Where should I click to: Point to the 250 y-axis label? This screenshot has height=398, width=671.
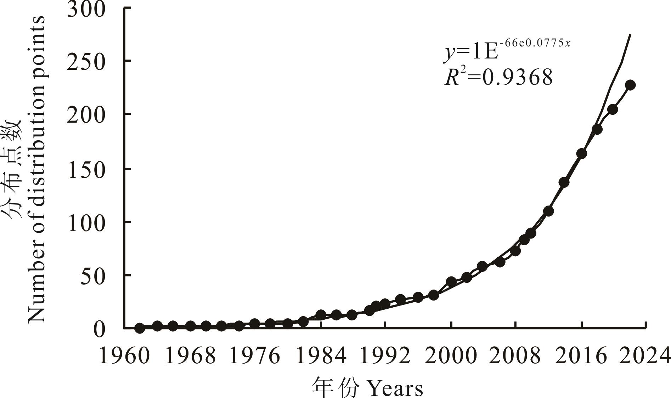(x=86, y=62)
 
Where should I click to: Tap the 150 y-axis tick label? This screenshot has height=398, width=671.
(x=86, y=171)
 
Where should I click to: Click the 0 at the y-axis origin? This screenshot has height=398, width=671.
(x=99, y=330)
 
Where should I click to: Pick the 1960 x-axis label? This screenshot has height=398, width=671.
(x=124, y=355)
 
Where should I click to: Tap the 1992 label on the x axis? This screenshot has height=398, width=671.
(x=385, y=355)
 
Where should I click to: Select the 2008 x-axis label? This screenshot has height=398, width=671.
(x=515, y=355)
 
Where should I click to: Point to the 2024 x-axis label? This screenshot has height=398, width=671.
(x=645, y=355)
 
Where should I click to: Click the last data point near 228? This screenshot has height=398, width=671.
(x=630, y=85)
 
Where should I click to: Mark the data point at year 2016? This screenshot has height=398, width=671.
(x=581, y=154)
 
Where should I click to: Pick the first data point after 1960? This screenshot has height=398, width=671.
(x=140, y=328)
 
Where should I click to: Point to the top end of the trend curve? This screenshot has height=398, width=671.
(x=630, y=35)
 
